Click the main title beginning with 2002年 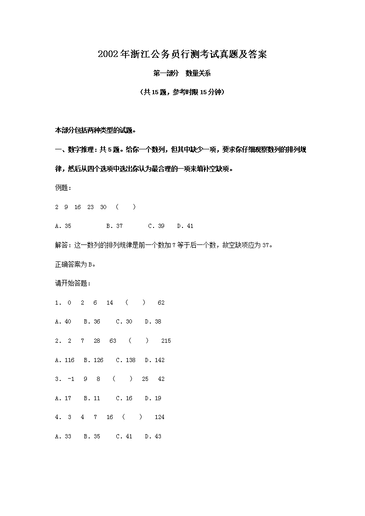182,55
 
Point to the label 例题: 63,188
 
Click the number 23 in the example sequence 91,207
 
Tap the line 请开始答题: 73,284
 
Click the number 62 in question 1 161,303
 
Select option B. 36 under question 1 92,322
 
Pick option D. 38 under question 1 153,322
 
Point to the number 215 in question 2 166,341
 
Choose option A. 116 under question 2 64,360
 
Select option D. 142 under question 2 154,360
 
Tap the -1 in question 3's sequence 71,379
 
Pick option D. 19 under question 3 153,398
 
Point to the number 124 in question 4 160,417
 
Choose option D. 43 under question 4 153,437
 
